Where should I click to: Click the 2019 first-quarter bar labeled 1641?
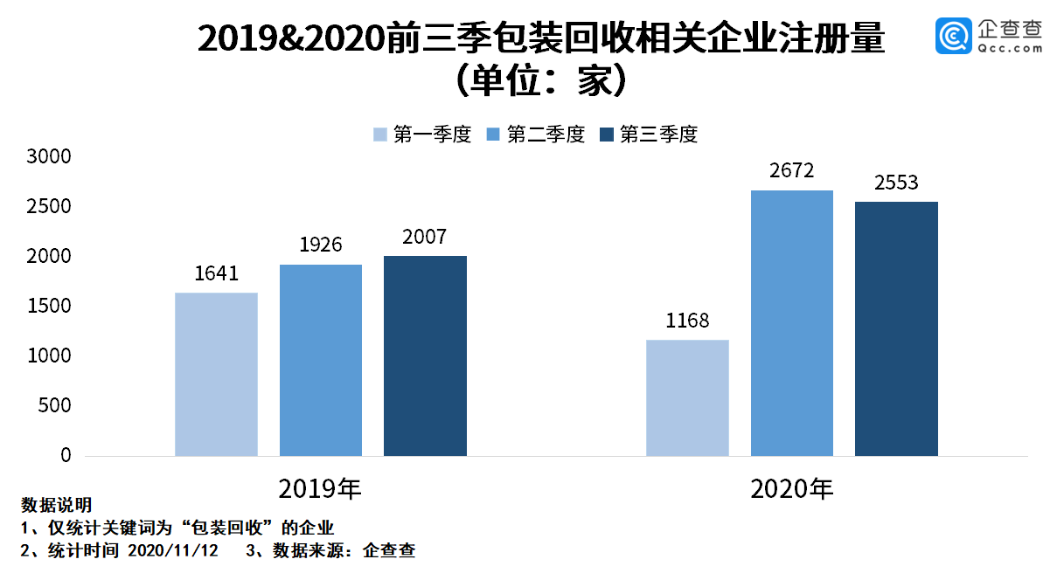pyautogui.click(x=216, y=374)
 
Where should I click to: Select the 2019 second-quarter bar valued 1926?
pyautogui.click(x=321, y=360)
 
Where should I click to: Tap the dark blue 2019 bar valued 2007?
pyautogui.click(x=425, y=356)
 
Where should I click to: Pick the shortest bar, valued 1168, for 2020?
pyautogui.click(x=687, y=397)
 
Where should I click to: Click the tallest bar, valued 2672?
pyautogui.click(x=792, y=323)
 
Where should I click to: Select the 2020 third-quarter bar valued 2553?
pyautogui.click(x=896, y=328)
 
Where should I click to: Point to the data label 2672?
pyautogui.click(x=792, y=171)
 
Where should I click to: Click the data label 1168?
pyautogui.click(x=687, y=321)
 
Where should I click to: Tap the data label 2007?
pyautogui.click(x=425, y=237)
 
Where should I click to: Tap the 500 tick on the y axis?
pyautogui.click(x=54, y=406)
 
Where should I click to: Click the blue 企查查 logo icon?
pyautogui.click(x=954, y=35)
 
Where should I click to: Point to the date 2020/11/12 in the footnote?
pyautogui.click(x=173, y=550)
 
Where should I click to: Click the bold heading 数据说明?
pyautogui.click(x=57, y=505)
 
